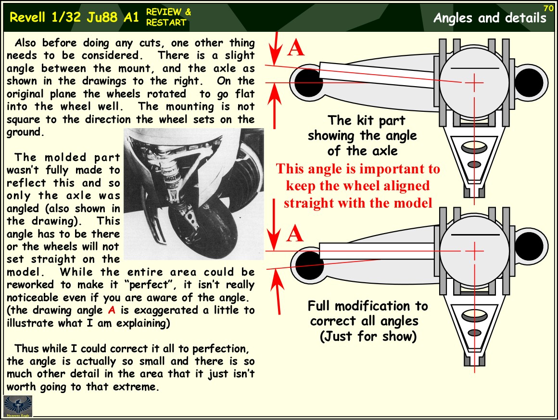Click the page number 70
click(548, 8)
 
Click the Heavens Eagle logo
click(18, 406)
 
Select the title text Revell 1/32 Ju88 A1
click(74, 17)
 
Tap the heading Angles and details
click(490, 18)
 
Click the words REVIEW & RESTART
click(168, 17)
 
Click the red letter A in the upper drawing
click(296, 48)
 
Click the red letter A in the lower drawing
click(296, 234)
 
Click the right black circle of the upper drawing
click(528, 82)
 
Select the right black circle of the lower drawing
click(528, 247)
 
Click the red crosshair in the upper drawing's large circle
click(474, 83)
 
